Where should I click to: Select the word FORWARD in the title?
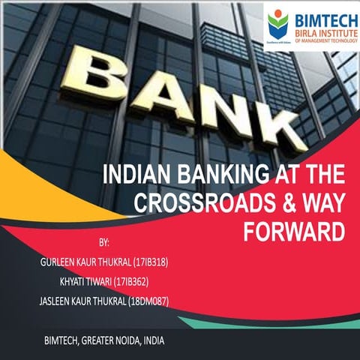click(x=294, y=232)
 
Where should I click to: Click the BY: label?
click(x=103, y=244)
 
